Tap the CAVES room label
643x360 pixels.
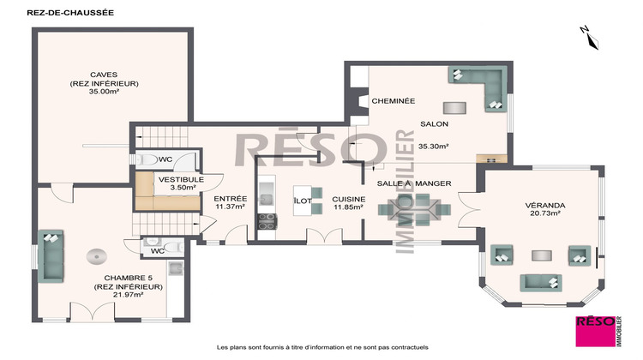coord(104,75)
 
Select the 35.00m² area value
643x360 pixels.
coord(104,92)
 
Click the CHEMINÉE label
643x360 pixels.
coord(393,101)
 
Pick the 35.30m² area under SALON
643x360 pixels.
coord(435,147)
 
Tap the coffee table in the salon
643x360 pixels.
coord(454,108)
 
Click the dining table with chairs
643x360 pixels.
coord(417,207)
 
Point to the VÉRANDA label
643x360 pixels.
coord(543,205)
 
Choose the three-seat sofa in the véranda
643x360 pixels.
coord(540,282)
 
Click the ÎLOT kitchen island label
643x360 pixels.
coord(303,200)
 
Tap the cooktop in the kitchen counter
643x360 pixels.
coord(267,219)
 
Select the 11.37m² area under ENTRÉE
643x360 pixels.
coord(230,207)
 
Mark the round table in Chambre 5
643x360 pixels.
coord(97,255)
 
